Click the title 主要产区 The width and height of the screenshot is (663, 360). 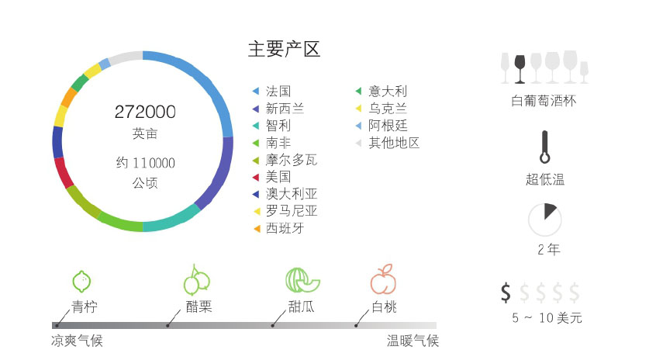pos(284,50)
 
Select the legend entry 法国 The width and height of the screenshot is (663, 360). pos(278,92)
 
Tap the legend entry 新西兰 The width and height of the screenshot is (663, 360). pos(285,109)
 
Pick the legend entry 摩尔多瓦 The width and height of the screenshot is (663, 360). pos(291,160)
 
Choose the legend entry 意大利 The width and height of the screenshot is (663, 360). pos(387,92)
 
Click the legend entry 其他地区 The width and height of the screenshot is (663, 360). pos(394,143)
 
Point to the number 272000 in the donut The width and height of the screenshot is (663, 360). pos(145,112)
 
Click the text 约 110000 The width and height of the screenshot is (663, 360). pos(145,163)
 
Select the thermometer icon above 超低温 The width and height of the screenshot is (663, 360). pos(544,147)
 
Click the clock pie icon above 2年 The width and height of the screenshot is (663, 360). pos(544,220)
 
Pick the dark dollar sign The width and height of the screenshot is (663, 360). pos(506,292)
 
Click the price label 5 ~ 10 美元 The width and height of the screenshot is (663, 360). pos(547,318)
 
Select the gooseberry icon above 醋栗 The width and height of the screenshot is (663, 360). pos(196,280)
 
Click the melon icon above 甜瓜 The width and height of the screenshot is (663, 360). pos(298,280)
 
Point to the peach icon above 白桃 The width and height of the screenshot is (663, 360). pos(382,279)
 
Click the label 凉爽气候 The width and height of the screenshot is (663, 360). pos(77,341)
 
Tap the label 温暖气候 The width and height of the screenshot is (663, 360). pos(413,341)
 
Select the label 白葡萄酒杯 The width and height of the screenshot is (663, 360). pos(544,101)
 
